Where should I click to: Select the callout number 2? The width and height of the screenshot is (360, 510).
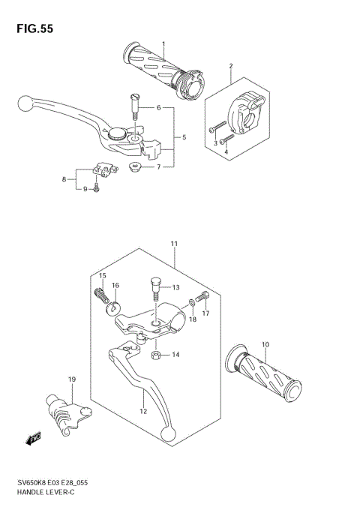point(231,65)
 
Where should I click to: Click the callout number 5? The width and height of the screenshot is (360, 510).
point(184,137)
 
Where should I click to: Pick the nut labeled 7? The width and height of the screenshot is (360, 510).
point(136,166)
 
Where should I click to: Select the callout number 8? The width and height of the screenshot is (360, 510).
point(64,179)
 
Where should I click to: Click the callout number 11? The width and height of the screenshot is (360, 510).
point(174,244)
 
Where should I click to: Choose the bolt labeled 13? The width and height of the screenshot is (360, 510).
point(154,286)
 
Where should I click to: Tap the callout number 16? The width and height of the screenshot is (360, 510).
point(116,286)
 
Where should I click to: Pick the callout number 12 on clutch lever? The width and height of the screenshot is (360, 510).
point(143,411)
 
